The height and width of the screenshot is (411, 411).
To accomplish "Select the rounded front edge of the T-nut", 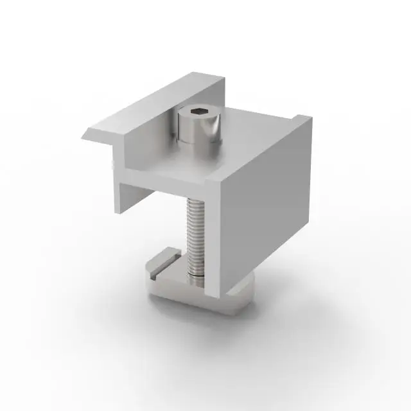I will coord(193,300).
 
